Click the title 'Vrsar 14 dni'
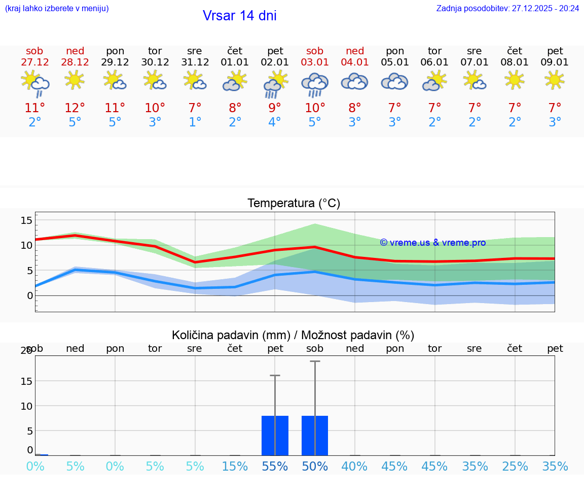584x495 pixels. pos(239,16)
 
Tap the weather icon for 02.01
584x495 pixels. pos(275,84)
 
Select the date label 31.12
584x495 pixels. pos(195,62)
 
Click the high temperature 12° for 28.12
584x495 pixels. pos(75,108)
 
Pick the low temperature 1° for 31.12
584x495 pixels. pos(195,122)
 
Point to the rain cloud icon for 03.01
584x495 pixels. pos(315,84)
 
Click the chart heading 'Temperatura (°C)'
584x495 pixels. pos(294,204)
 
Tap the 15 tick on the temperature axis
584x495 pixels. pos(26,220)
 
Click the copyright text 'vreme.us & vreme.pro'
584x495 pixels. pos(432,243)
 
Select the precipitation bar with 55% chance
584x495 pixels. pos(275,436)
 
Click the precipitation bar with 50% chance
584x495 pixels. pos(315,436)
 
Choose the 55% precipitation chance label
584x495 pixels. pos(275,467)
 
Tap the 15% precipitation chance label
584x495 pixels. pos(235,467)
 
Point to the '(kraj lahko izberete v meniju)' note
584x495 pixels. pos(57,9)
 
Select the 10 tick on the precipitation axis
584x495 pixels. pos(26,406)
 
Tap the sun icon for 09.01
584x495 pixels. pos(555,80)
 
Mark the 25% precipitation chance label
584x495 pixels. pos(515,467)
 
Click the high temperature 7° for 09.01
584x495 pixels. pos(555,108)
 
